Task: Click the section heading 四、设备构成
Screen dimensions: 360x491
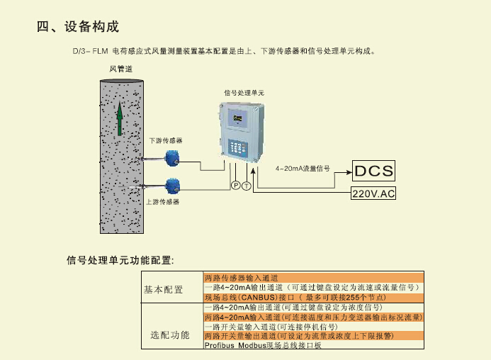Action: pos(77,27)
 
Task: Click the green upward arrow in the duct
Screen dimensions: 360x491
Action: pos(120,117)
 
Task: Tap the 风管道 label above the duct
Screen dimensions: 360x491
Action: pos(120,69)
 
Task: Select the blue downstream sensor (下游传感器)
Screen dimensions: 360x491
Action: pos(171,157)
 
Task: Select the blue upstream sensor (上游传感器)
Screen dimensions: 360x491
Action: pos(171,186)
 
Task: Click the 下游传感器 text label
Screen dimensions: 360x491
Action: pos(165,140)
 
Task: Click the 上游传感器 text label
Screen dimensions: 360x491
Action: pos(162,202)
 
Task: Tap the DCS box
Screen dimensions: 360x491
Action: pos(373,170)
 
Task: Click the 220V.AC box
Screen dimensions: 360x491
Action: pos(373,193)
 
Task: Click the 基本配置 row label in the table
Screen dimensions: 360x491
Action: pos(163,289)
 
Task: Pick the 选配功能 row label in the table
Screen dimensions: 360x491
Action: pos(170,333)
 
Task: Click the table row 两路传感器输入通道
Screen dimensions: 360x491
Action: pos(240,278)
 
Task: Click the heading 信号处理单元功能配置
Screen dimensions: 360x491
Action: pos(120,260)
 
